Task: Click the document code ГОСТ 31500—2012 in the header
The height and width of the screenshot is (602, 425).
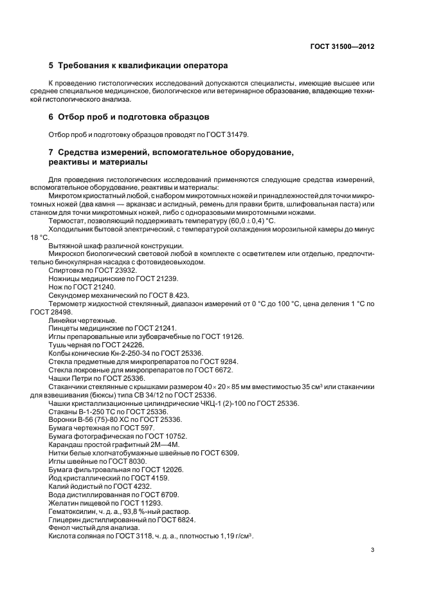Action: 343,46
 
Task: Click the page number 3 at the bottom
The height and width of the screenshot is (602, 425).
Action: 373,551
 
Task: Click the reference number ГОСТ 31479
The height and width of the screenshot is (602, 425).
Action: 228,134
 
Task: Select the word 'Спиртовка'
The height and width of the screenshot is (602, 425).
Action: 66,270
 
